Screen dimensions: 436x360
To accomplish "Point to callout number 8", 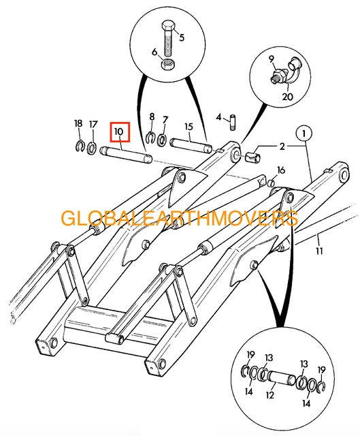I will pyautogui.click(x=152, y=117).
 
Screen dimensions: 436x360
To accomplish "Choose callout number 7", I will pyautogui.click(x=165, y=121).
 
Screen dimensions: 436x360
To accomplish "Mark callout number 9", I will pyautogui.click(x=271, y=59).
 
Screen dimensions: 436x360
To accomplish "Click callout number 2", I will pyautogui.click(x=281, y=146).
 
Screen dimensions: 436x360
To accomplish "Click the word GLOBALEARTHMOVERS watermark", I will pyautogui.click(x=180, y=219).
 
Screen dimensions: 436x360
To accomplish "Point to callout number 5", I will pyautogui.click(x=182, y=37).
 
